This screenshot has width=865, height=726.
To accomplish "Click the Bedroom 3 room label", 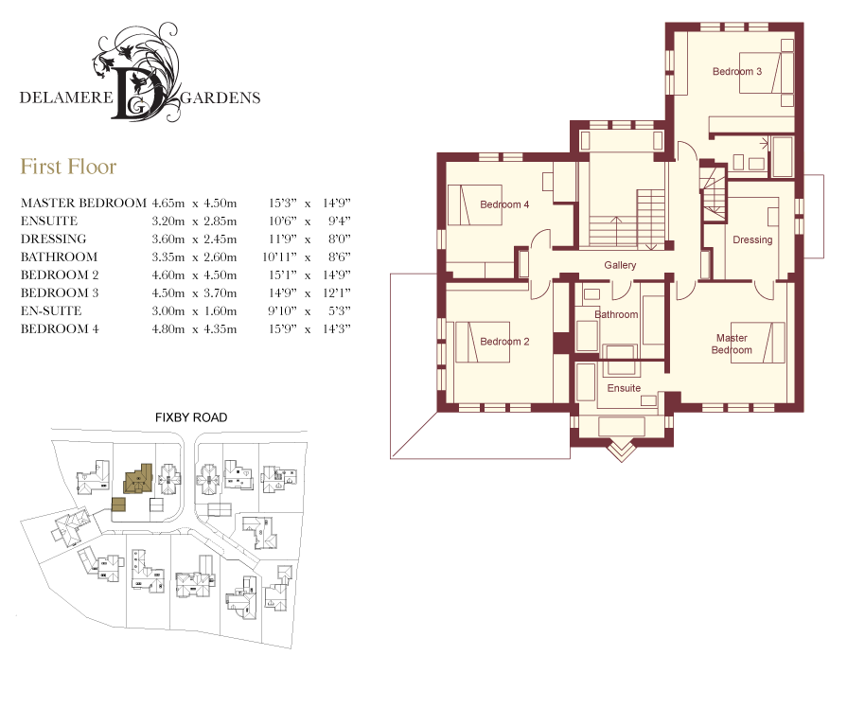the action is point(737,71).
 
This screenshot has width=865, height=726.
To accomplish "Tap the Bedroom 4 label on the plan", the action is point(504,204).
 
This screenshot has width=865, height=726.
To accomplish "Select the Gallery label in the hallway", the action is point(620,265).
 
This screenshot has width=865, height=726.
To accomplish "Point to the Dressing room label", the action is point(752,240).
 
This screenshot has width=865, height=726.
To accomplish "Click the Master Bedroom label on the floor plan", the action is point(732,344).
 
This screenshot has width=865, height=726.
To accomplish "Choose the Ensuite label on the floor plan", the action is point(624,388).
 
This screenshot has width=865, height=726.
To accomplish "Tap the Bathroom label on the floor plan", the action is point(616,314).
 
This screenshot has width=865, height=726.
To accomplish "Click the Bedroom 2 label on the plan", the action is point(504,342).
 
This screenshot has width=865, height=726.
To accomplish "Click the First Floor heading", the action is point(68,167).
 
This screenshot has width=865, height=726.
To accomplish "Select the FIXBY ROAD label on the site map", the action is point(191,417).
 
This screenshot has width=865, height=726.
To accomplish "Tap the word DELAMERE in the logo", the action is point(66,97).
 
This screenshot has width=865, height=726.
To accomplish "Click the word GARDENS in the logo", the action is point(221,97).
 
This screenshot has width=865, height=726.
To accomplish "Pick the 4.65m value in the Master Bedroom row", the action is point(168,203).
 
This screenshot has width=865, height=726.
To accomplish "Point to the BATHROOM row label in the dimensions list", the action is point(59,257).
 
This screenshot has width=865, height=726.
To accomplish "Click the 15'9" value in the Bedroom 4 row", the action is point(282,328).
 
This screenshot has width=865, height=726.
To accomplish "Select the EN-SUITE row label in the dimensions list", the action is point(51,310).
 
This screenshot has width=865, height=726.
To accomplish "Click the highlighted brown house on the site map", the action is point(137,479).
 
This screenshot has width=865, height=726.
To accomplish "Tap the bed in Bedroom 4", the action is point(474,204).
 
